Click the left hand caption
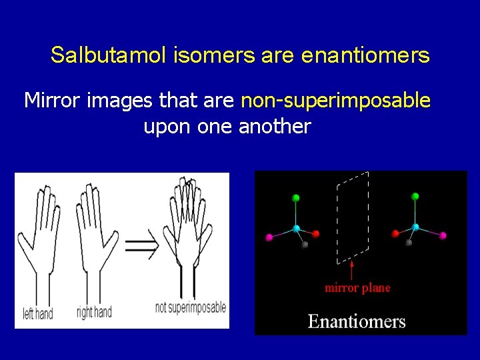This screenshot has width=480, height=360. point(38,313)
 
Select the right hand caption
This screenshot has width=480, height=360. point(94,311)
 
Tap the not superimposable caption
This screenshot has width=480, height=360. point(190,308)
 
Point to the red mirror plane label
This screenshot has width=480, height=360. point(357,288)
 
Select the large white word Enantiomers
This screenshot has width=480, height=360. point(356,321)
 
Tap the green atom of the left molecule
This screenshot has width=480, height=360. point(296,198)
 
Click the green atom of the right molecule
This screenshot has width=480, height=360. point(415,196)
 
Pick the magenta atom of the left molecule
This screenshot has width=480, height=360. point(270,237)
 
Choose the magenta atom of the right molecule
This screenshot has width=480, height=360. point(443,235)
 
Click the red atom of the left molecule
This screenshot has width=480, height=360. point(316,234)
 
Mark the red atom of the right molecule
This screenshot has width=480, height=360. point(395,233)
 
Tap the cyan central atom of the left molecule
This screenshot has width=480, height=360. point(297,228)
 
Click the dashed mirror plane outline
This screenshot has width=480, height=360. point(338,220)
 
